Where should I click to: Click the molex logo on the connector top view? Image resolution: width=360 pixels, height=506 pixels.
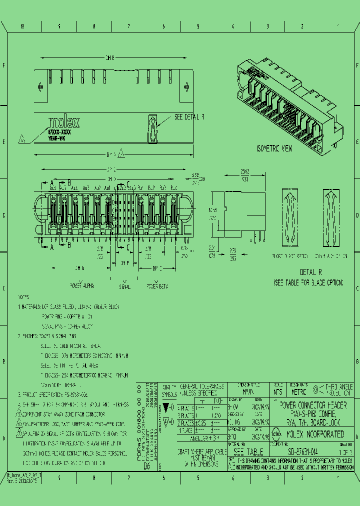click(x=63, y=123)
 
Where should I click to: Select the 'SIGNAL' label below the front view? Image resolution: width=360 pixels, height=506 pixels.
click(x=125, y=287)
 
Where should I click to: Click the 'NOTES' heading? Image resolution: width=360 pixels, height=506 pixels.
click(x=23, y=297)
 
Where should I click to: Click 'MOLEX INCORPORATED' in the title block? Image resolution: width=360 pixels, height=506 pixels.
click(x=315, y=434)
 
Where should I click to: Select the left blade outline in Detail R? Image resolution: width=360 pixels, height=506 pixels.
click(x=290, y=218)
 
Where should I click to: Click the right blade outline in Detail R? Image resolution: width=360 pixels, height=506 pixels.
click(x=331, y=218)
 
